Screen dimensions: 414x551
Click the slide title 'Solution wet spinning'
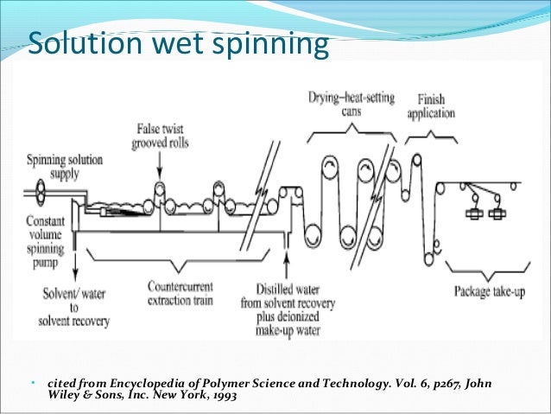pos(178,44)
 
